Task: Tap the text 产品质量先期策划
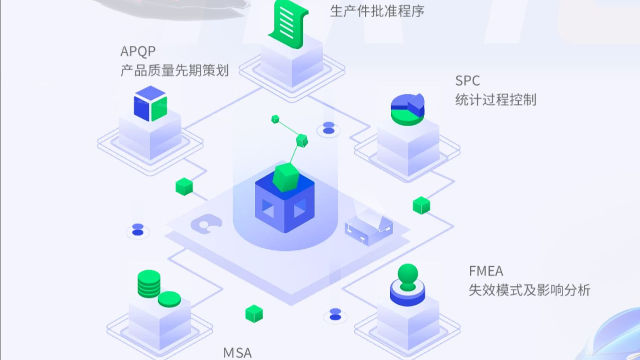[174, 72]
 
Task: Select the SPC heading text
[467, 80]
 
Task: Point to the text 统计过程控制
[495, 100]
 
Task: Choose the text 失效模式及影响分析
[529, 290]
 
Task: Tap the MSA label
[237, 352]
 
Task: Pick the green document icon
[287, 21]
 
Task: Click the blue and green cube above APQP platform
[149, 102]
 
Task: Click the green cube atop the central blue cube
[287, 177]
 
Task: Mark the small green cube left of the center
[183, 186]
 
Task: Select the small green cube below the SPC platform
[421, 205]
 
